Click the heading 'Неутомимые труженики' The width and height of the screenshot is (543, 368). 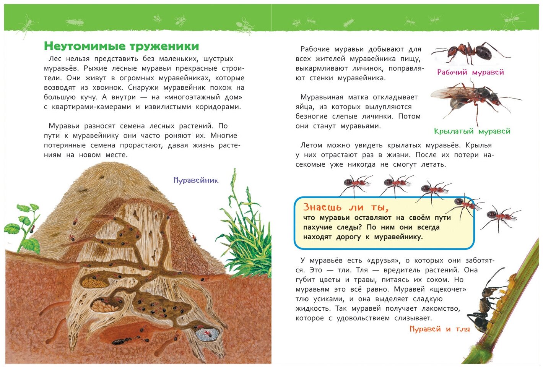pyautogui.click(x=121, y=46)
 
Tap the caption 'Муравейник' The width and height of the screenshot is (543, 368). pyautogui.click(x=195, y=180)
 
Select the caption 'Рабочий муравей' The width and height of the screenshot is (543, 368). pyautogui.click(x=470, y=72)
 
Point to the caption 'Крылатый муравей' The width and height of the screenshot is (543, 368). pyautogui.click(x=472, y=131)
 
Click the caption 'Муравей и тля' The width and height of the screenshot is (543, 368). pyautogui.click(x=439, y=329)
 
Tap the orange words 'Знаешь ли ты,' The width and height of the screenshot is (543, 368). pyautogui.click(x=346, y=208)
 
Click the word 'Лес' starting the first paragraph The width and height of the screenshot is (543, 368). pyautogui.click(x=54, y=59)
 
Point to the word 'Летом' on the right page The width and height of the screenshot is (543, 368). pyautogui.click(x=312, y=145)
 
